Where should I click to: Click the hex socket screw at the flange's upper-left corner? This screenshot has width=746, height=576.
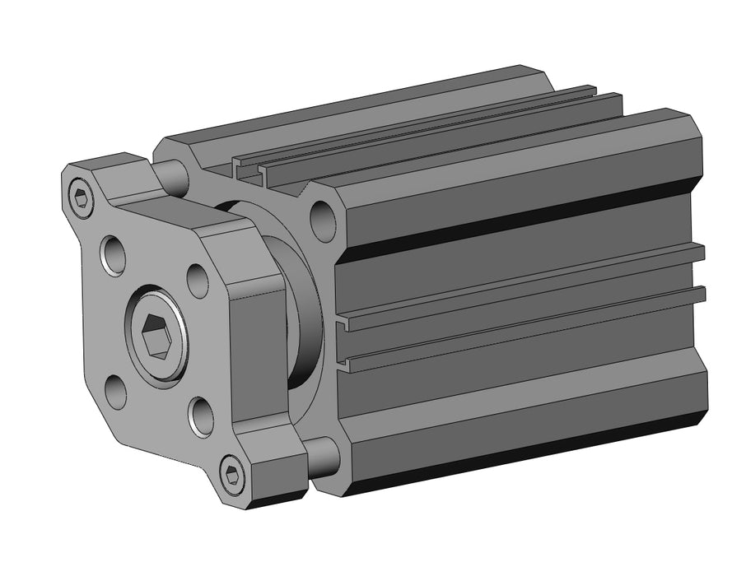pyautogui.click(x=81, y=197)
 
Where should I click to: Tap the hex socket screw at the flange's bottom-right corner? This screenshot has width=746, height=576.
pyautogui.click(x=233, y=475)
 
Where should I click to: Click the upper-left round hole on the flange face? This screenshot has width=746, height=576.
pyautogui.click(x=113, y=253)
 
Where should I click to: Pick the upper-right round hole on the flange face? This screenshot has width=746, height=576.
pyautogui.click(x=198, y=281)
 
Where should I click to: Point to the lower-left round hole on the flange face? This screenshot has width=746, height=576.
pyautogui.click(x=116, y=391)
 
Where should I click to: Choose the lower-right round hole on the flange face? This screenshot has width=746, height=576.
pyautogui.click(x=200, y=416)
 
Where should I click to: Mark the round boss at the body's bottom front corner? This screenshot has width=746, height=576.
pyautogui.click(x=324, y=455)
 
